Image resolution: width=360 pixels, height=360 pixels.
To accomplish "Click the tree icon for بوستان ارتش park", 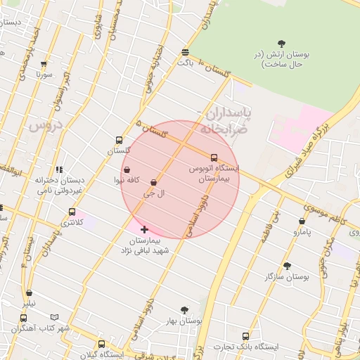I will tap(282, 44).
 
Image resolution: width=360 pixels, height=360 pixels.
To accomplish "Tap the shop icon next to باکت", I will tap(185, 52).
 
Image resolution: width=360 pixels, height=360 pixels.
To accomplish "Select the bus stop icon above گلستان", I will tap(119, 140).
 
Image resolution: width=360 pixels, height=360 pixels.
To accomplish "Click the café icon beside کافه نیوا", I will tap(127, 169).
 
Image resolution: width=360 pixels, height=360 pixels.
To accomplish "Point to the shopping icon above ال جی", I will tap(153, 182).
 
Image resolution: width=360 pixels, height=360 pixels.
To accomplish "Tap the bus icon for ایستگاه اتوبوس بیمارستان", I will tap(214, 157).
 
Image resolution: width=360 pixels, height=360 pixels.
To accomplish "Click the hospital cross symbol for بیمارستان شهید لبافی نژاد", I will tap(145, 229).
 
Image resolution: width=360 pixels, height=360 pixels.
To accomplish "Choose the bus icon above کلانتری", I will tap(72, 212).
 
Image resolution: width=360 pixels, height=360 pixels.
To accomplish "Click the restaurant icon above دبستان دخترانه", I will tap(59, 169).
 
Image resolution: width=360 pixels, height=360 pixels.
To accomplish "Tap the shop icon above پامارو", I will tap(302, 221).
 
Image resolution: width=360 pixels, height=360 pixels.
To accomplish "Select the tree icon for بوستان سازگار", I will tap(287, 266).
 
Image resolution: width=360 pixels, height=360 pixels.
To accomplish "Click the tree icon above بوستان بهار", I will tap(185, 309).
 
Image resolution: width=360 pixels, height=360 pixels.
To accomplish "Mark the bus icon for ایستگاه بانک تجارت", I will tap(245, 336).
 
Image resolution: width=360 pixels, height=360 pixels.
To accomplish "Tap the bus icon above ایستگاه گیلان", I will tap(102, 344).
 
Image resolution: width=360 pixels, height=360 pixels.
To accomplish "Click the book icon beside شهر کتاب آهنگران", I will tap(54, 318).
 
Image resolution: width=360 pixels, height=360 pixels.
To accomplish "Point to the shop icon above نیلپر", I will tap(29, 293).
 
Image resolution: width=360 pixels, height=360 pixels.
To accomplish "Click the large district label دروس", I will tap(46, 126).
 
